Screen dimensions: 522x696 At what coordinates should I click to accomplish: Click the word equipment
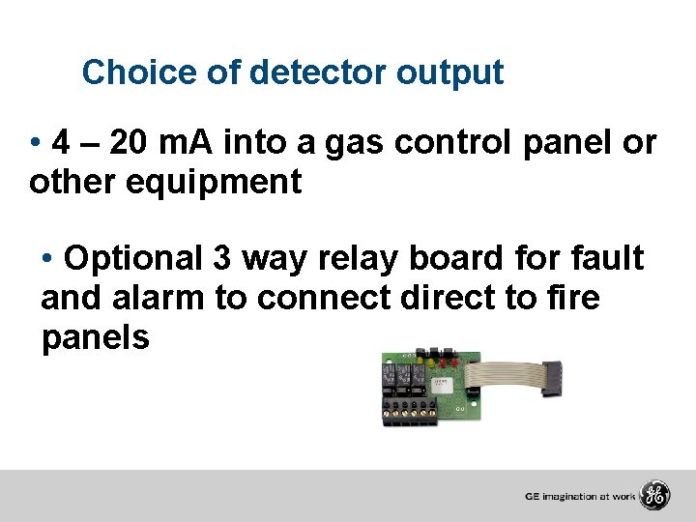(x=214, y=182)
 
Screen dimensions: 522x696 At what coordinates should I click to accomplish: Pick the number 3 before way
(x=221, y=258)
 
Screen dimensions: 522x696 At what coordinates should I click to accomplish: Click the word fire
(x=573, y=298)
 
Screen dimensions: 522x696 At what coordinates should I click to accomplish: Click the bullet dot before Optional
(x=48, y=259)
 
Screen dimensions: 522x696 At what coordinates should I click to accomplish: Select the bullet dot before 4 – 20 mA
(x=35, y=145)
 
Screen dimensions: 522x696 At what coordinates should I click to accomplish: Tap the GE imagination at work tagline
(x=580, y=497)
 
